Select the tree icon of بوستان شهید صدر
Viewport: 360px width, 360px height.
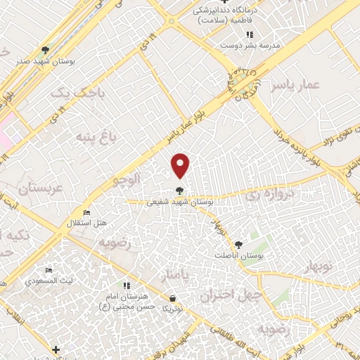click(x=46, y=50)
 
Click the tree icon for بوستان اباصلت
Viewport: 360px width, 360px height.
click(x=238, y=245)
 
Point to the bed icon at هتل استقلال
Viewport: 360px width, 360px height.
click(x=86, y=213)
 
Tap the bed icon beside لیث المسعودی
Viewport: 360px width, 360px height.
click(x=49, y=271)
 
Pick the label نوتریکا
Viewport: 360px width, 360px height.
click(x=172, y=309)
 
